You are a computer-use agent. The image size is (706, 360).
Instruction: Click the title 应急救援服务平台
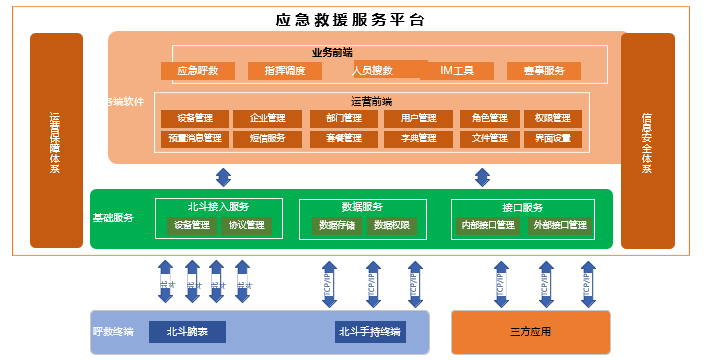(x=349, y=20)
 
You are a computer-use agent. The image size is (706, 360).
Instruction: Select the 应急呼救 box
(x=197, y=71)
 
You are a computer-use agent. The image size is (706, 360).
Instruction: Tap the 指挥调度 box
(x=284, y=71)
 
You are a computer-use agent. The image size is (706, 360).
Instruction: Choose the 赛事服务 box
(x=543, y=71)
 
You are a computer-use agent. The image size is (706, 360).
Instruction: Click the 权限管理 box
(x=553, y=118)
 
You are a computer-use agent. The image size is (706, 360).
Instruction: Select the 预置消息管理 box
(x=195, y=138)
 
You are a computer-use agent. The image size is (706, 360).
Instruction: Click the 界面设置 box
(x=553, y=138)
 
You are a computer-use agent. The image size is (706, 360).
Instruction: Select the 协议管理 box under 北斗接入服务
(x=246, y=226)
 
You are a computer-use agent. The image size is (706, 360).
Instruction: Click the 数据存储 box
(x=336, y=226)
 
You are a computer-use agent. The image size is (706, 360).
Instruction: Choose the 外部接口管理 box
(x=560, y=226)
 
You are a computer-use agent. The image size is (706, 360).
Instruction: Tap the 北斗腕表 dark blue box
(x=187, y=332)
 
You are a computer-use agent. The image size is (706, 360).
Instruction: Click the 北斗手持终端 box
(x=370, y=332)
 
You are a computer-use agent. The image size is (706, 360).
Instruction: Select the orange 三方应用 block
(x=530, y=332)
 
